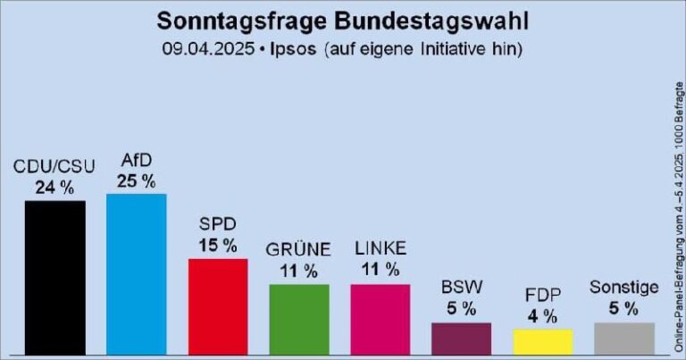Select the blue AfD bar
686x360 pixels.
click(136, 273)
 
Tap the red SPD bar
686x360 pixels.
click(217, 306)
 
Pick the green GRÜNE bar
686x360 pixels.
click(299, 319)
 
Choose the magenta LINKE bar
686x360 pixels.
click(381, 319)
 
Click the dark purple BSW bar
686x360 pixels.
click(461, 338)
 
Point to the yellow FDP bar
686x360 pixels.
click(542, 341)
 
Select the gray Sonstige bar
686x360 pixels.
click(624, 338)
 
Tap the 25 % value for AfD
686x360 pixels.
click(137, 180)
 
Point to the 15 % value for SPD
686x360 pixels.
click(218, 245)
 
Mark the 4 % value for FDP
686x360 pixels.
click(542, 315)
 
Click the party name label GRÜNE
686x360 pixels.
click(299, 249)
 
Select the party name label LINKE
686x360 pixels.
click(381, 248)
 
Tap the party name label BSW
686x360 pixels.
click(462, 289)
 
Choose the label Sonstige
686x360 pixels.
click(624, 288)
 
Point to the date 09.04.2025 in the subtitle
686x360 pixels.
click(207, 49)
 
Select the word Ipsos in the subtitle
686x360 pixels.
click(294, 49)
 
